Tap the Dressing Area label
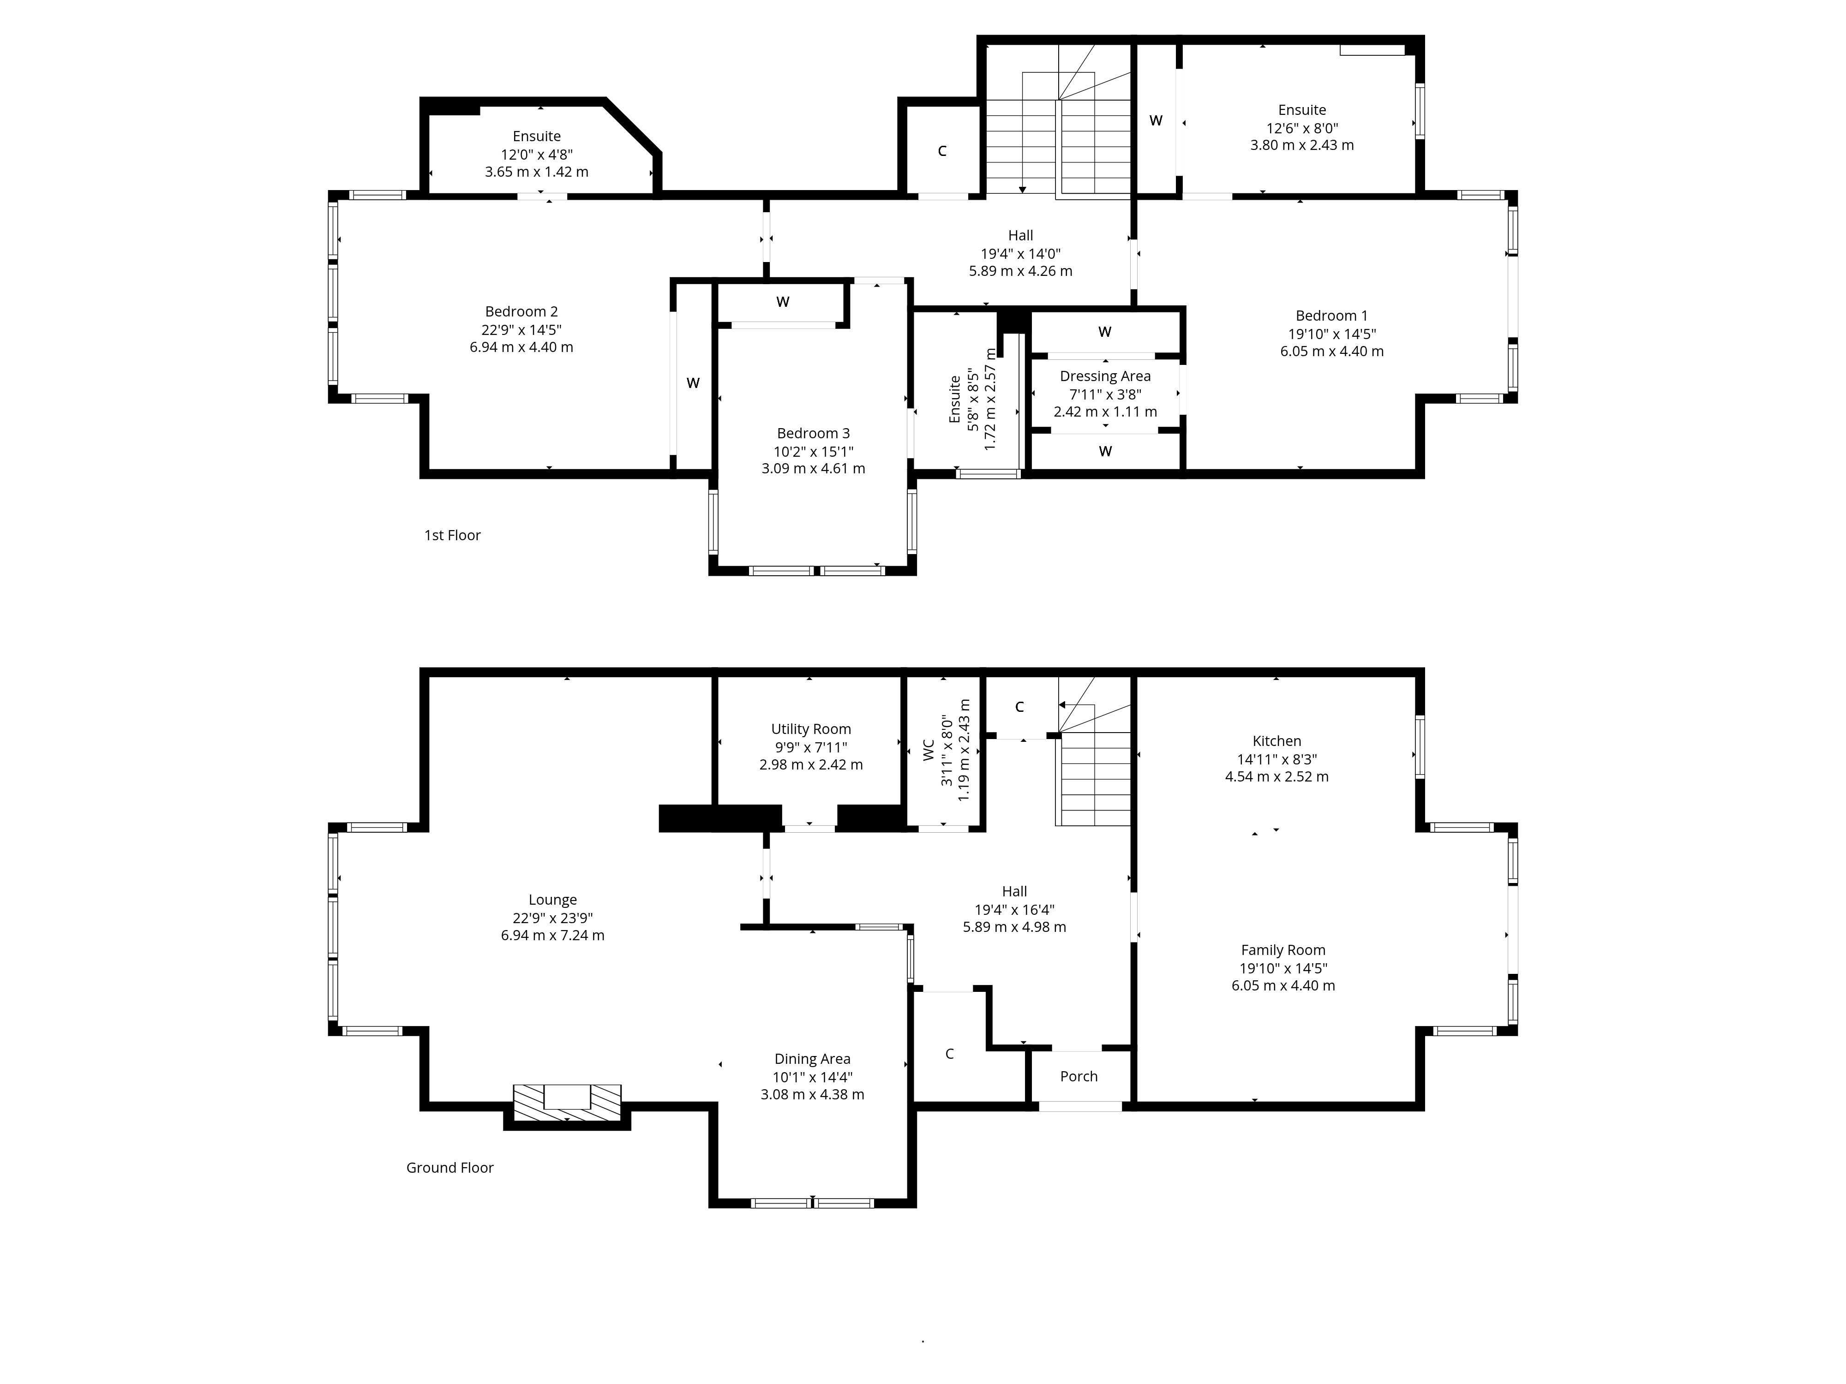pyautogui.click(x=1105, y=376)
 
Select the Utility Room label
pyautogui.click(x=810, y=729)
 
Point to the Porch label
pyautogui.click(x=1078, y=1076)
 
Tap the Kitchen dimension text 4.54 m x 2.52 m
pyautogui.click(x=1276, y=777)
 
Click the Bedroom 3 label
pyautogui.click(x=813, y=434)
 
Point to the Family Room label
pyautogui.click(x=1283, y=950)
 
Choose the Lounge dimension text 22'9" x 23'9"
pyautogui.click(x=552, y=918)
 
